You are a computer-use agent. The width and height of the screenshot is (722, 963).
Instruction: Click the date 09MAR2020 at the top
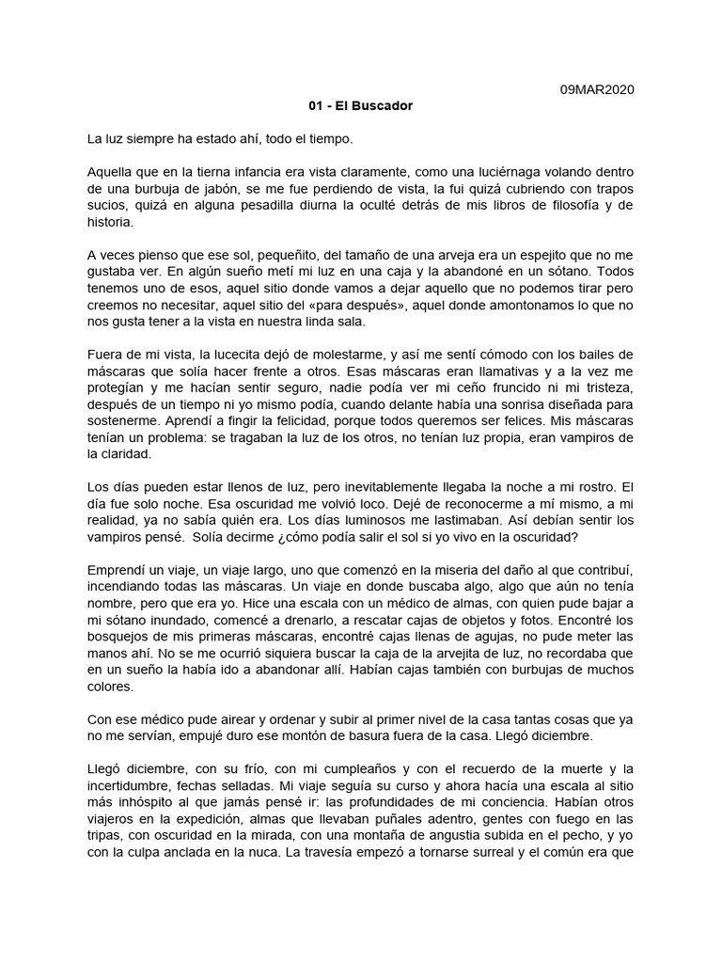coord(597,89)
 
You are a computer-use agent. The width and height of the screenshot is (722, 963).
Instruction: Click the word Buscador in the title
coord(384,106)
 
